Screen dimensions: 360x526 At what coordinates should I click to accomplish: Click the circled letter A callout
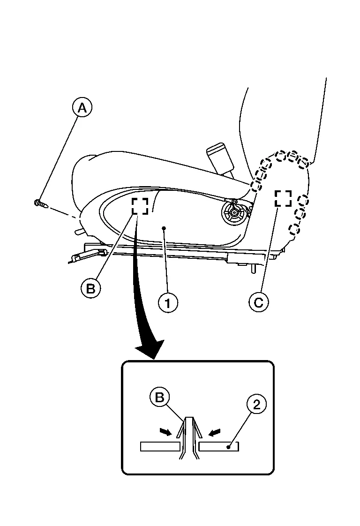pos(82,108)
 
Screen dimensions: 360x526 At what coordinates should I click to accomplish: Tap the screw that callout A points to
pos(41,203)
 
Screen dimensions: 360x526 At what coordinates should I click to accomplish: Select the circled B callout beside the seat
pos(90,288)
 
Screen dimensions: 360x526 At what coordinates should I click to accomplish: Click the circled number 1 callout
pos(168,303)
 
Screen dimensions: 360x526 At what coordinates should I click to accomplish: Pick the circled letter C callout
pos(259,302)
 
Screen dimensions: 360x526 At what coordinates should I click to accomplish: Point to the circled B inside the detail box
pos(159,398)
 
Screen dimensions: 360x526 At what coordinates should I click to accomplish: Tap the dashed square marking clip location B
pos(140,206)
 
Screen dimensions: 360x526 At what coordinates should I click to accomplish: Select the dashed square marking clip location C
pos(283,198)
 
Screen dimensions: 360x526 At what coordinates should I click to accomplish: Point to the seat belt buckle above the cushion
pos(220,159)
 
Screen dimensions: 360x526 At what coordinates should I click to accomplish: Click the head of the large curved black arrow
pos(151,349)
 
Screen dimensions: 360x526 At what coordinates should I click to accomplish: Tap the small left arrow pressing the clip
pos(166,432)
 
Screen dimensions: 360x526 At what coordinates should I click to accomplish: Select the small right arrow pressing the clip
pos(215,432)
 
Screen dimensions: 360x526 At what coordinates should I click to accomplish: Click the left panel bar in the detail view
pos(160,446)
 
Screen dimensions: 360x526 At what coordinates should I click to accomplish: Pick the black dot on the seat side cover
pos(164,228)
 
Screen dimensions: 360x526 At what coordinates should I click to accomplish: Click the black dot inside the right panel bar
pos(228,447)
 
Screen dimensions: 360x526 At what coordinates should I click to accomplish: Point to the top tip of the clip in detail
pos(189,418)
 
